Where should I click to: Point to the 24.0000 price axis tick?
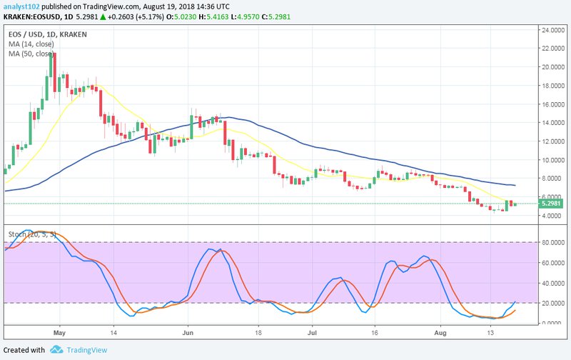click(x=554, y=30)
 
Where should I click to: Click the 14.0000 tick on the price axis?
click(x=554, y=122)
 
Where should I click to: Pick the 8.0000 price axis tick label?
click(x=554, y=178)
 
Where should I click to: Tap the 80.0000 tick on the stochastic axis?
click(x=554, y=242)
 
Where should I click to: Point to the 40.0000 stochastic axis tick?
click(x=554, y=283)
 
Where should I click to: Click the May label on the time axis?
click(x=59, y=332)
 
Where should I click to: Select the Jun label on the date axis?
click(x=188, y=332)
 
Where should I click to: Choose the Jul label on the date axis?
click(x=313, y=332)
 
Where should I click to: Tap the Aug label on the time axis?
click(x=440, y=332)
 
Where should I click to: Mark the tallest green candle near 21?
click(x=51, y=71)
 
